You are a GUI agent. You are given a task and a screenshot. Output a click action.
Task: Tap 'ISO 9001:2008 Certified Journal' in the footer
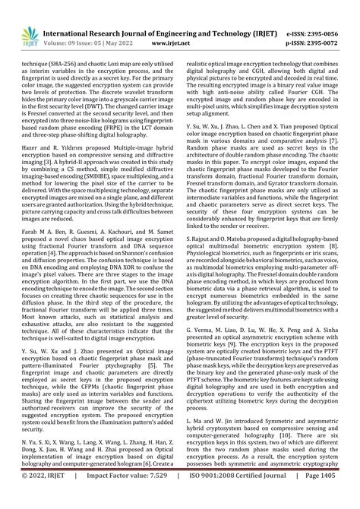(233, 496)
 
